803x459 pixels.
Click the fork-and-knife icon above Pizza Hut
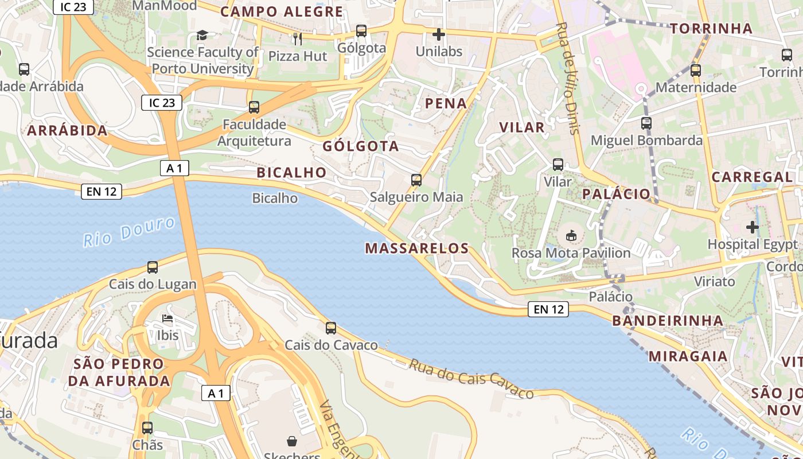(x=297, y=39)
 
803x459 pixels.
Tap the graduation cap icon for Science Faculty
(x=202, y=36)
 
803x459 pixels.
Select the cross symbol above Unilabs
(x=439, y=34)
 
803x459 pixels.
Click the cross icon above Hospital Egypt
(x=753, y=227)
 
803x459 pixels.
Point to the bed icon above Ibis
(x=167, y=318)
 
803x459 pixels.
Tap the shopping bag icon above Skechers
(x=292, y=441)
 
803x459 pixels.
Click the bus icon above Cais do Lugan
(x=153, y=267)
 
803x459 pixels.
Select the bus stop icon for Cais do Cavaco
(x=331, y=328)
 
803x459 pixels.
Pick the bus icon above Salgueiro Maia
(x=416, y=180)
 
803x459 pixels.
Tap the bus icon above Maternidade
(x=696, y=71)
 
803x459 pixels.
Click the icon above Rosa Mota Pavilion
(x=571, y=236)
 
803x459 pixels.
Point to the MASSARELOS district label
(x=417, y=248)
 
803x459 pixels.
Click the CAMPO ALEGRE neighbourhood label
(x=282, y=11)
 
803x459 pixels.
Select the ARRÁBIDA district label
(x=68, y=130)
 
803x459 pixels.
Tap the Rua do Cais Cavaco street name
(x=471, y=379)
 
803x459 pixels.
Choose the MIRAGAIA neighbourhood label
(x=688, y=356)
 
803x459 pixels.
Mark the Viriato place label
(x=715, y=282)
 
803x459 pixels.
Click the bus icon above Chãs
(x=147, y=427)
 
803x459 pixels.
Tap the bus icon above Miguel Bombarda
(x=646, y=123)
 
